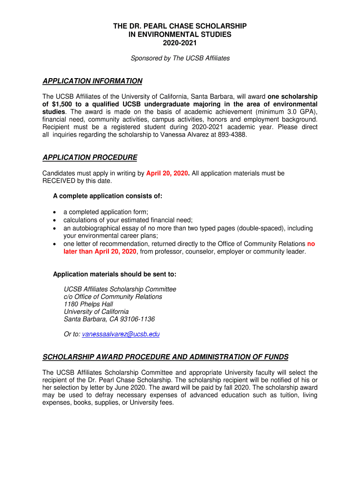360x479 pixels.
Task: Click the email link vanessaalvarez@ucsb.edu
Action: coord(121,334)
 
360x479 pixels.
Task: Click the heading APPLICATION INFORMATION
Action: coord(92,81)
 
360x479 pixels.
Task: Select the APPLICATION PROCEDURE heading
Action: coord(90,157)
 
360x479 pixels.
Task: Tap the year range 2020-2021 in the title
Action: coord(180,43)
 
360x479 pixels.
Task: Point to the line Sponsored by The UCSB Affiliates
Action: coord(180,58)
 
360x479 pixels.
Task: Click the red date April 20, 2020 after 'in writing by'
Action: coord(167,173)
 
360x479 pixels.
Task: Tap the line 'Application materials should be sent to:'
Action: coord(115,274)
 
